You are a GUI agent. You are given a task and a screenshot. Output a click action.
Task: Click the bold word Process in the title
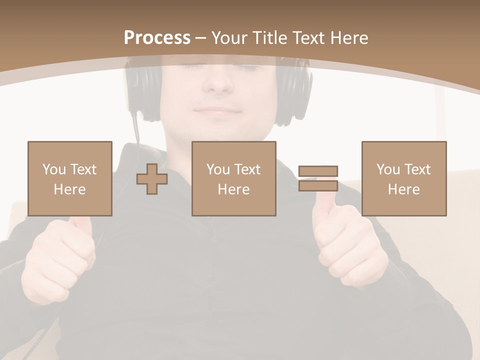coord(157,38)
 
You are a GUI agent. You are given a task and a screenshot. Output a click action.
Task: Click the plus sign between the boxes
coord(152,179)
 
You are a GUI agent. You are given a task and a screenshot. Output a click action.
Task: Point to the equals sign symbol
coord(318,178)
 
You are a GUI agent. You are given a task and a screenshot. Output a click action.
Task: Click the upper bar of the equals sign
coord(318,171)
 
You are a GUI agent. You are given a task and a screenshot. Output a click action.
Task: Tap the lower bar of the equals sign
coord(318,185)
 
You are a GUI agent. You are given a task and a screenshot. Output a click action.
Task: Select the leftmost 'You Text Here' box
coord(70,178)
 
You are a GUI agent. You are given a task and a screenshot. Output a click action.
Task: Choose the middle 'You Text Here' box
coord(234,178)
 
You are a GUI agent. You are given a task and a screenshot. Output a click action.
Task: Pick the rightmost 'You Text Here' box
coord(404,178)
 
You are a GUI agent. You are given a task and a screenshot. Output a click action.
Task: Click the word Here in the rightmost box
coord(404,189)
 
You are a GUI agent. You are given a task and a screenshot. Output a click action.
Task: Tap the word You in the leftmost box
coord(54,169)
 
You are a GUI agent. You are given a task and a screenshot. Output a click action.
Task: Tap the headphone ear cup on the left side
coord(143,92)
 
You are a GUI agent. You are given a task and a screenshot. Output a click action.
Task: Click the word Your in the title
coord(229,38)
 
